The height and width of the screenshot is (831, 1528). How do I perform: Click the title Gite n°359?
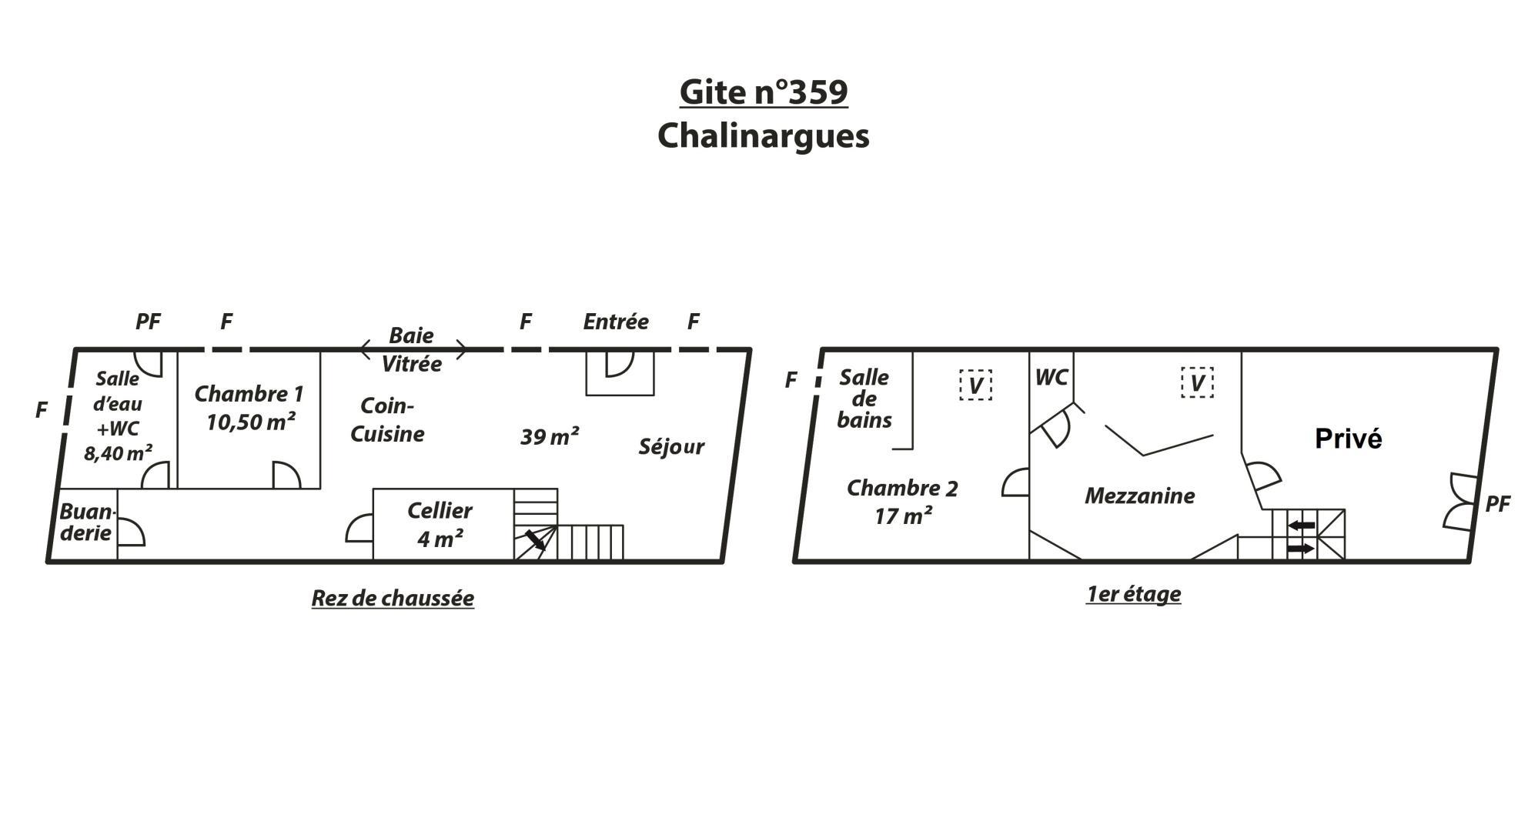tap(764, 92)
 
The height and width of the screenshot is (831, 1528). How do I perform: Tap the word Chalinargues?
tap(764, 135)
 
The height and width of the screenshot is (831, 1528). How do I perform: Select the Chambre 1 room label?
tap(249, 394)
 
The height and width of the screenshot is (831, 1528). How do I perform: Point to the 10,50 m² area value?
tap(251, 422)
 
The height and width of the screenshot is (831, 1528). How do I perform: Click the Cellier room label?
tap(440, 510)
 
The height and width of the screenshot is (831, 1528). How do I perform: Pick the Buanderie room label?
tap(87, 522)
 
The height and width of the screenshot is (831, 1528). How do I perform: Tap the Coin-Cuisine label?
tap(387, 419)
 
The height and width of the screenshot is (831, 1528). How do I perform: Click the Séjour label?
tap(671, 446)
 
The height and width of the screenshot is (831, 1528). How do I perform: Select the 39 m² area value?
tap(550, 437)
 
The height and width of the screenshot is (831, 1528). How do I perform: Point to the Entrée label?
tap(616, 322)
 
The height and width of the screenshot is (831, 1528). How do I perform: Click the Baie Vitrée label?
tap(412, 349)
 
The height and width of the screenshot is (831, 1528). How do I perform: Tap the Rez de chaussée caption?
tap(393, 598)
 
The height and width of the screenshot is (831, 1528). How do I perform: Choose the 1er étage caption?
tap(1133, 594)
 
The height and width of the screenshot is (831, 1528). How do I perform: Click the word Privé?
tap(1348, 439)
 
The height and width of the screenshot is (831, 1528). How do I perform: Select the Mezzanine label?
tap(1139, 496)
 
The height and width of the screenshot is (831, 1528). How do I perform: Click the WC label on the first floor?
tap(1052, 377)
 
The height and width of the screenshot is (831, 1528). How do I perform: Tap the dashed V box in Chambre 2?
tap(975, 385)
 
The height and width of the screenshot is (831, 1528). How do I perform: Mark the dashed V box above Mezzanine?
tap(1197, 382)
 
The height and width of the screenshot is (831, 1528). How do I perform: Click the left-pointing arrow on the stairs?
tap(1302, 526)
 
